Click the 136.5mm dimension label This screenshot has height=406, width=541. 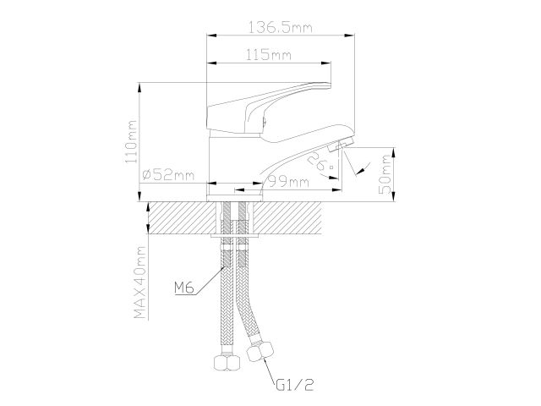[278, 28]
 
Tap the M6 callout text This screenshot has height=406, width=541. [185, 288]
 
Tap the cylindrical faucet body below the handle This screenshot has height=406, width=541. [227, 156]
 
